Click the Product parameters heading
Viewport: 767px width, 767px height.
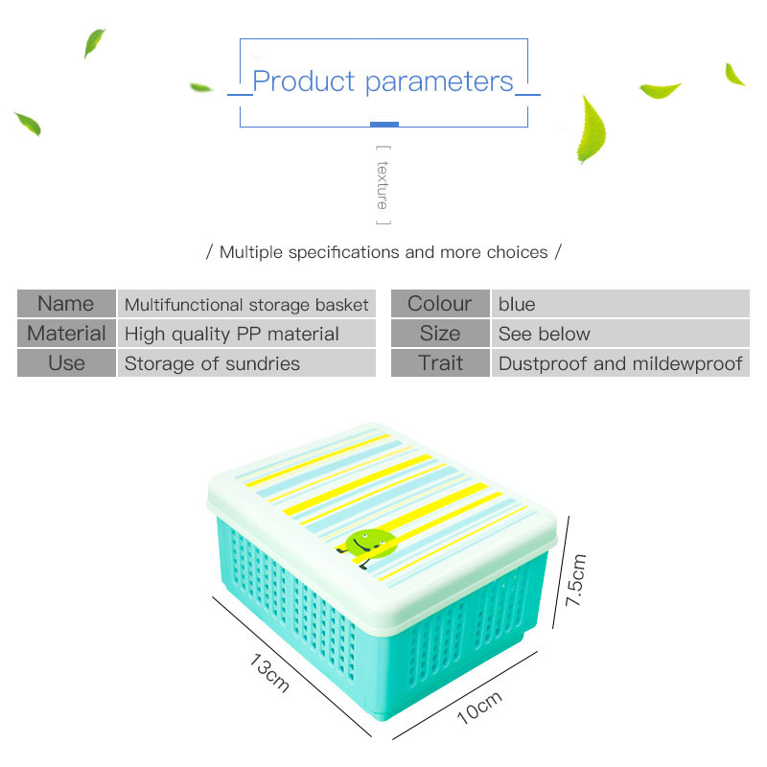[383, 82]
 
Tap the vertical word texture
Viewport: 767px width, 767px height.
[383, 185]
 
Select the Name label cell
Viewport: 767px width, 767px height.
[66, 304]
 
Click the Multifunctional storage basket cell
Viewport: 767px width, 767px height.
[246, 305]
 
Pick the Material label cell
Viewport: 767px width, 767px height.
[66, 334]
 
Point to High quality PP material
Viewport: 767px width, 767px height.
[232, 335]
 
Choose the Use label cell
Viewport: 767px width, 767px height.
[66, 363]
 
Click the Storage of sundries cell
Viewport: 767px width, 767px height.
[212, 364]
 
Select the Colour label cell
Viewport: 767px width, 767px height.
[440, 304]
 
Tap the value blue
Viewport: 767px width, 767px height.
[517, 305]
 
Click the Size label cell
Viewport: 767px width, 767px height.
[440, 334]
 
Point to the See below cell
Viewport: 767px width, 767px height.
[544, 335]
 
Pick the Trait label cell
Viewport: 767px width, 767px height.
[440, 363]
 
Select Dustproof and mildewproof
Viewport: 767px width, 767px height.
[620, 364]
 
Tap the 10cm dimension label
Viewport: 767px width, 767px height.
[478, 709]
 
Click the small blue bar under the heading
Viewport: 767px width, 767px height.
[383, 124]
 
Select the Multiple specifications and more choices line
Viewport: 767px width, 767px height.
[383, 253]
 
